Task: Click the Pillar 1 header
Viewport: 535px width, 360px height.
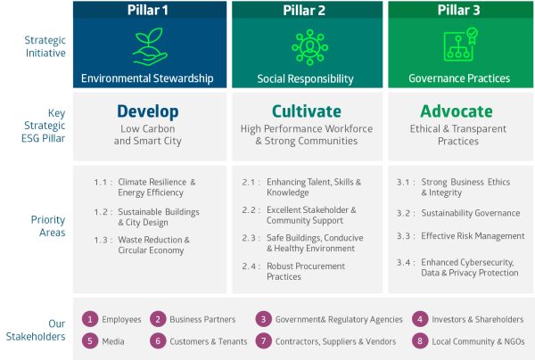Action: click(x=148, y=12)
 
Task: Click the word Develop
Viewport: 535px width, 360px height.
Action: click(x=148, y=112)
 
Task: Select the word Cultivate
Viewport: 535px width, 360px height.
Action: click(x=306, y=112)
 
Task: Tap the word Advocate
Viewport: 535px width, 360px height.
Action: click(x=456, y=112)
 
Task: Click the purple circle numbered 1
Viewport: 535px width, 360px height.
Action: click(x=89, y=319)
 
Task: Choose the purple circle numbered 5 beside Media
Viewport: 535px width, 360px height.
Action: click(x=89, y=340)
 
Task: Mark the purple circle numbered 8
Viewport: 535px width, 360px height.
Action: click(x=419, y=340)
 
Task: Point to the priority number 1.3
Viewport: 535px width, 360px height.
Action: click(x=103, y=240)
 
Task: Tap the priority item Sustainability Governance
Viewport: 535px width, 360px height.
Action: click(x=471, y=214)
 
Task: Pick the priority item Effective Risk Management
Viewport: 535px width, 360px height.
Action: click(x=473, y=236)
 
